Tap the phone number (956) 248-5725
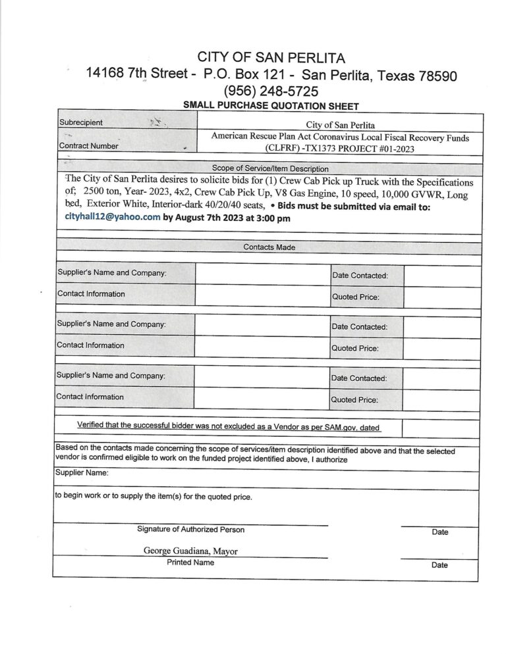pyautogui.click(x=271, y=91)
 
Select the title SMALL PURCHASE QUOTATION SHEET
pyautogui.click(x=271, y=105)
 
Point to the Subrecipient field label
pyautogui.click(x=80, y=122)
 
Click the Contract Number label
pyautogui.click(x=88, y=146)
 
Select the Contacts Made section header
pyautogui.click(x=269, y=247)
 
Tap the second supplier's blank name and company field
pyautogui.click(x=262, y=325)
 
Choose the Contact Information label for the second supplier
pyautogui.click(x=90, y=345)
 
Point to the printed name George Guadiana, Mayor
pyautogui.click(x=190, y=551)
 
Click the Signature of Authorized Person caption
pyautogui.click(x=190, y=530)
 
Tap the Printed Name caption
pyautogui.click(x=190, y=563)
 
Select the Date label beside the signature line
pyautogui.click(x=439, y=532)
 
